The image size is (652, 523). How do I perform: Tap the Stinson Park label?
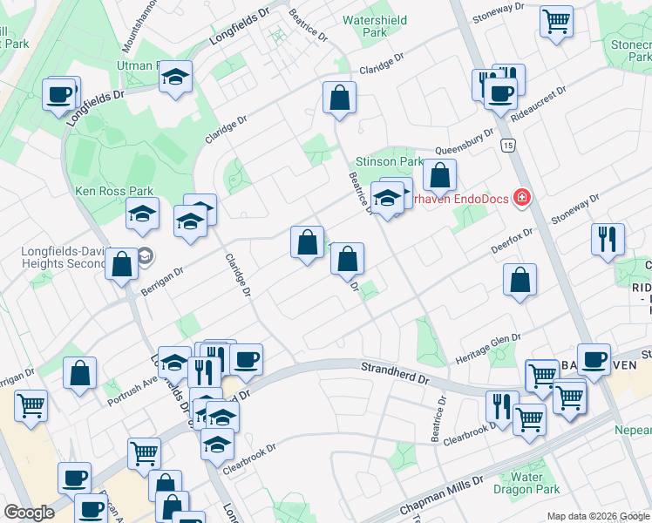tap(389, 161)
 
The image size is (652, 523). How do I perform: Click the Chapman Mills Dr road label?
tap(441, 496)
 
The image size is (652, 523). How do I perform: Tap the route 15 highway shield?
tap(507, 144)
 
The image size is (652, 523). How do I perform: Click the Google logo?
tap(29, 513)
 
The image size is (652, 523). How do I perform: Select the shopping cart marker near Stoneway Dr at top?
tap(555, 21)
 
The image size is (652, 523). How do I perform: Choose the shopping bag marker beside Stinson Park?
tap(440, 176)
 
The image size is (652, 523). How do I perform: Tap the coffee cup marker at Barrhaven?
tap(595, 357)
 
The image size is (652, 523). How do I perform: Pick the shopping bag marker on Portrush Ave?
tap(80, 373)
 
